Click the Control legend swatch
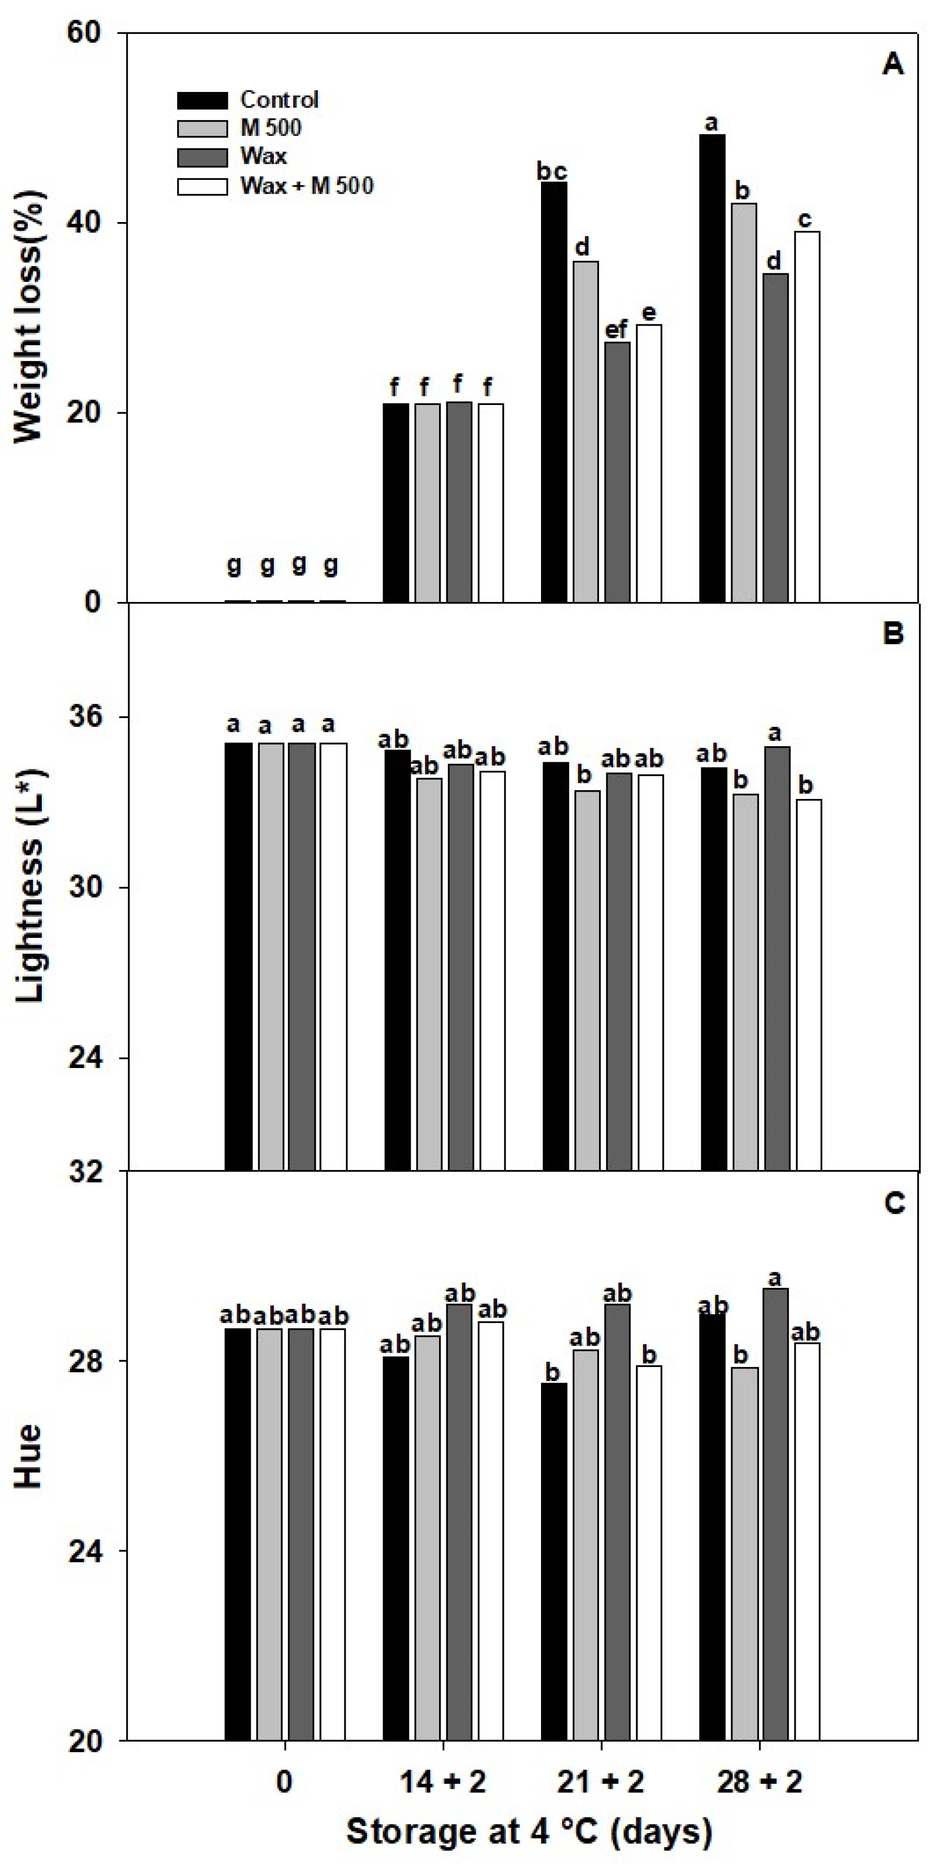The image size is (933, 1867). [202, 100]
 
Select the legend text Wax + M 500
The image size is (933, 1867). [307, 185]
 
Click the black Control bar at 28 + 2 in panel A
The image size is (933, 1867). [712, 368]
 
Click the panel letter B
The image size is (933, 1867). [893, 633]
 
